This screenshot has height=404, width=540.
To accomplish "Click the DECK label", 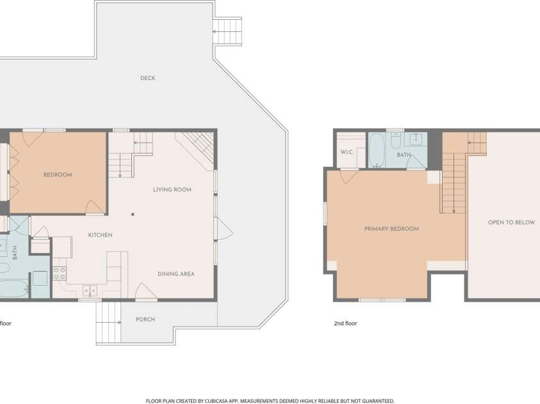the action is [x=148, y=78].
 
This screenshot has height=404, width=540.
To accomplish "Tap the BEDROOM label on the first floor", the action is [x=58, y=175].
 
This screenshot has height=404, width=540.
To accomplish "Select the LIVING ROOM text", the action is [x=172, y=190].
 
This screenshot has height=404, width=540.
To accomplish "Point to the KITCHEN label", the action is [x=100, y=235].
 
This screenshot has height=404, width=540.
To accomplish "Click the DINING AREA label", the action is [x=176, y=274].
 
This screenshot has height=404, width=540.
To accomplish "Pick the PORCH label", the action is [x=145, y=320].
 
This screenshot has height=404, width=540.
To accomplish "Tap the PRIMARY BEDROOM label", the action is [x=391, y=229].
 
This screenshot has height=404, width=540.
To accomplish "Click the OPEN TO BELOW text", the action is [x=511, y=222].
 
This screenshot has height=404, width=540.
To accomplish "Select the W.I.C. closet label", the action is [x=347, y=152].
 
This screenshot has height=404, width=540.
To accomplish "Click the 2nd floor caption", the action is [x=345, y=323].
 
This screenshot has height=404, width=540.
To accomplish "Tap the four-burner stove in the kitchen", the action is [x=59, y=274].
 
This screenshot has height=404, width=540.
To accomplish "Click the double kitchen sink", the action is [x=90, y=291].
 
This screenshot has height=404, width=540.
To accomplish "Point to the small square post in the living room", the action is [x=133, y=214].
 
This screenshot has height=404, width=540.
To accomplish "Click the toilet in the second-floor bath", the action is [x=396, y=140].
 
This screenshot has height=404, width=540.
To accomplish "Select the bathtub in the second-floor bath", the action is [x=377, y=150].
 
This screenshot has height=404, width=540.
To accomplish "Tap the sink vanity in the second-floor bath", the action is [x=416, y=139].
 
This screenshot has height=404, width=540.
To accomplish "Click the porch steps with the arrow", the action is [x=108, y=323].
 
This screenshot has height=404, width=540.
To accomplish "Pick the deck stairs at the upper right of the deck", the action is [x=227, y=31].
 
